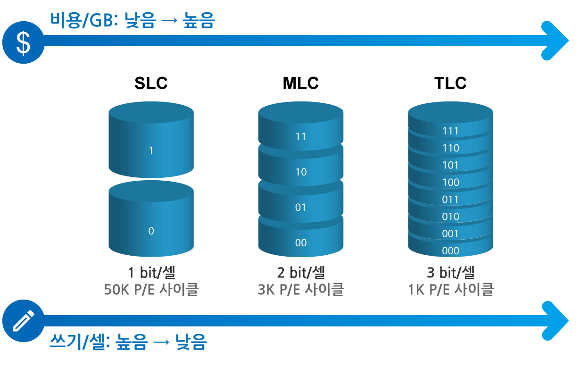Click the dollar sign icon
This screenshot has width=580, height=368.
click(23, 42)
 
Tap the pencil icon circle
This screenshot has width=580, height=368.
click(23, 321)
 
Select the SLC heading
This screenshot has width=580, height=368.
click(151, 83)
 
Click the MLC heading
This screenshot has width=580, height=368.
click(301, 83)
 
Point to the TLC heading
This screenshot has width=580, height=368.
click(450, 83)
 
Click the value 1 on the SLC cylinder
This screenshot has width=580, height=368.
click(151, 151)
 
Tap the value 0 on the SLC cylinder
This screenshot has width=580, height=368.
click(151, 231)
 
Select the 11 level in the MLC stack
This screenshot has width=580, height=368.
click(301, 136)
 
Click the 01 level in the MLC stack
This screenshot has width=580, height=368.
click(301, 207)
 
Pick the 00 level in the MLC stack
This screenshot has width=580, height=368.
click(301, 243)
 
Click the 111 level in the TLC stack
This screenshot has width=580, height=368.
click(450, 131)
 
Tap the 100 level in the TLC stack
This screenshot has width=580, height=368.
click(450, 183)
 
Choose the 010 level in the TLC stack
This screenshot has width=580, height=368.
click(450, 217)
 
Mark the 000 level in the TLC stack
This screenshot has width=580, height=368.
click(450, 251)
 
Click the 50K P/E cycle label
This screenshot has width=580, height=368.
click(151, 290)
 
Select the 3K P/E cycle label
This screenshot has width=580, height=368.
click(301, 290)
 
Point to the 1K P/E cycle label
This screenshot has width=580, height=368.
click(451, 290)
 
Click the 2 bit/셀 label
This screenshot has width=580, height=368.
click(301, 272)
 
